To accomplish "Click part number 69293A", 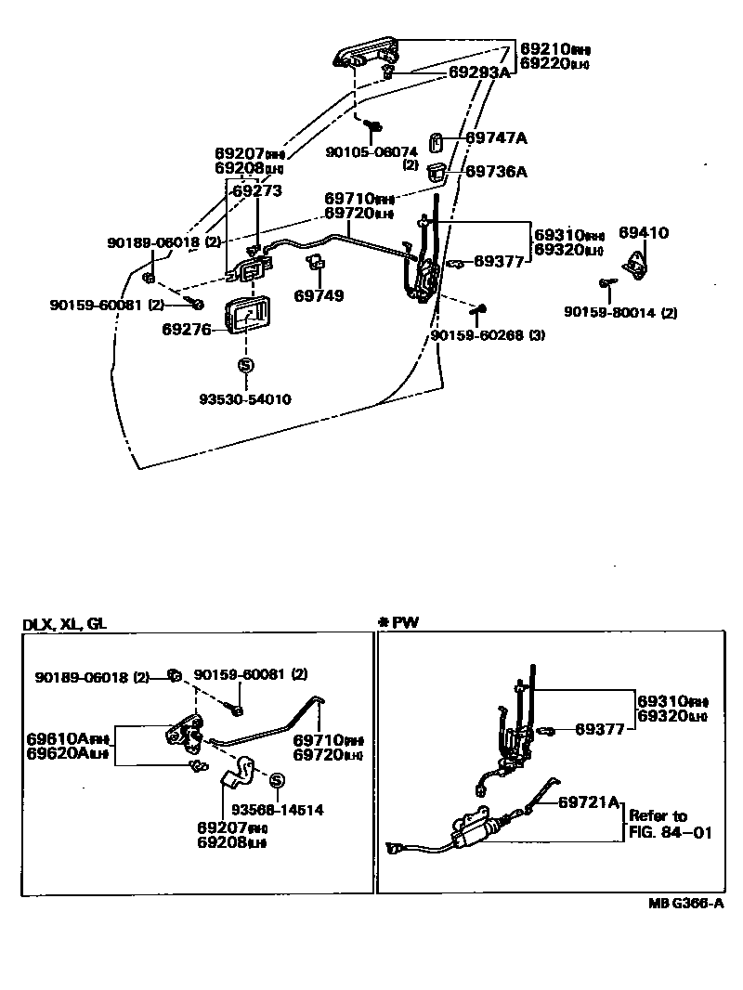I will [x=480, y=71].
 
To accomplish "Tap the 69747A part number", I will [x=496, y=138].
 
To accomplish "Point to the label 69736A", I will [x=496, y=171].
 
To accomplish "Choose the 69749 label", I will [x=319, y=296].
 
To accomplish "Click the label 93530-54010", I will [x=245, y=399].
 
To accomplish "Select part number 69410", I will [x=644, y=233].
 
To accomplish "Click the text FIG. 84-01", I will [x=670, y=833].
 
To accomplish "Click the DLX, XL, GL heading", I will [x=64, y=624].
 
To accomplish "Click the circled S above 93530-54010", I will [x=246, y=366].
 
